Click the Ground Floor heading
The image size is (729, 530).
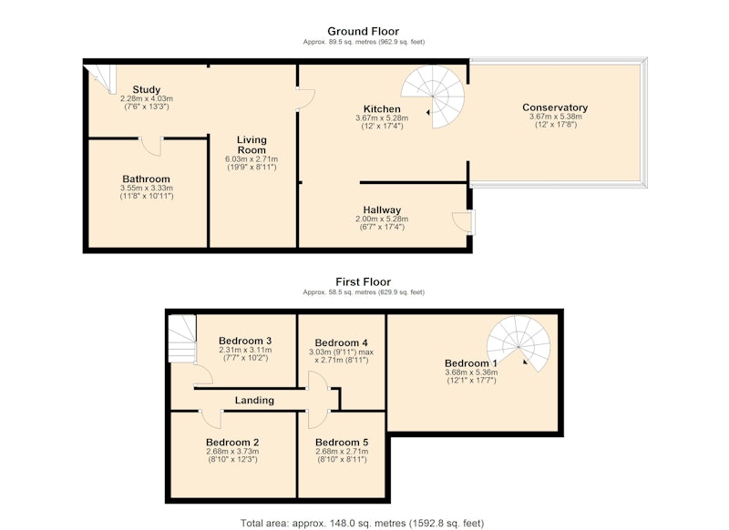pos(363,31)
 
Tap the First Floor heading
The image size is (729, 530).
pos(363,282)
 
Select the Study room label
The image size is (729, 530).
pos(147,89)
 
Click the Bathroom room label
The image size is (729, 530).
pos(147,178)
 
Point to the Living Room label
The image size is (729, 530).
pos(252,145)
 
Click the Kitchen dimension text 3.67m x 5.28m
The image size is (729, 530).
pos(382,118)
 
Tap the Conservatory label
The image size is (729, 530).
pos(555,107)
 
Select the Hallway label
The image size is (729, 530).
pos(382,210)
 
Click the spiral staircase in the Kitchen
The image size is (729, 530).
pos(434,97)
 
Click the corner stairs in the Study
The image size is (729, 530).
pos(101,78)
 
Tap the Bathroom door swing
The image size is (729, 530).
pos(151,147)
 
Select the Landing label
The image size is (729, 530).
pos(254,400)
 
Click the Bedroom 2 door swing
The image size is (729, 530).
pos(211,419)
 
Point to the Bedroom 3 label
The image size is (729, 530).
pos(245,341)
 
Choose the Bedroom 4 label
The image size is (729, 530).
pos(341,342)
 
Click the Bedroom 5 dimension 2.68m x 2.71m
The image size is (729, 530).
pos(342,452)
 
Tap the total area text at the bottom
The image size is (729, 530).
pos(362,524)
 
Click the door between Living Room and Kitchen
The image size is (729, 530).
pos(306,98)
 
